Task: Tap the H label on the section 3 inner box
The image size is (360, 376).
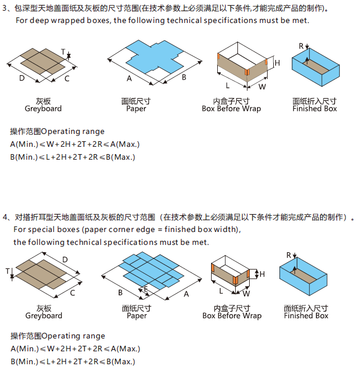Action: (x=277, y=63)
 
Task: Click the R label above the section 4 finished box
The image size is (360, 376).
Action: (x=289, y=255)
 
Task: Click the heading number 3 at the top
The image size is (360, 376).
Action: (x=5, y=8)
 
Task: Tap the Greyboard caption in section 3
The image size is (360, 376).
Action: (x=43, y=109)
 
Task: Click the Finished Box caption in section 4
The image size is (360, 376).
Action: (x=306, y=315)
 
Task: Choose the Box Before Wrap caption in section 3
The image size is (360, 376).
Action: (x=231, y=109)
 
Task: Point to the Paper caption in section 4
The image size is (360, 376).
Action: (x=137, y=315)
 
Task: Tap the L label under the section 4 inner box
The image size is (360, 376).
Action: (x=222, y=291)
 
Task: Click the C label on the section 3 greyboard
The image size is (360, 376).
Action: (x=67, y=78)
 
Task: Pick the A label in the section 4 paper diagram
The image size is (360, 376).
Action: (x=186, y=294)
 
